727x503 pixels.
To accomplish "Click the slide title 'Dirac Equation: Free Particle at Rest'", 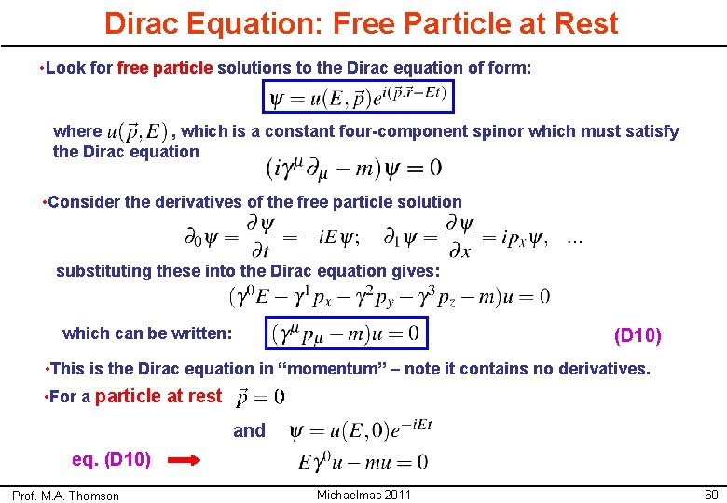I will click(x=361, y=23).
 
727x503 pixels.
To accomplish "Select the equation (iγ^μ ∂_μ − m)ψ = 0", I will click(x=355, y=168).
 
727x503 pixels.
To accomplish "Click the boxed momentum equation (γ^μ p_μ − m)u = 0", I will click(x=346, y=333).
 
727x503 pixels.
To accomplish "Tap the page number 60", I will click(x=711, y=493).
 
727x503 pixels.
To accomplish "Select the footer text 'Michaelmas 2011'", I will click(x=363, y=494).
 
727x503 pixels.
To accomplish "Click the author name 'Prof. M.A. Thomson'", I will click(x=66, y=496).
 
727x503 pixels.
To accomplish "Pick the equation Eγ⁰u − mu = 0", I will click(x=363, y=461).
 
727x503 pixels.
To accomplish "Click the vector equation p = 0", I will click(x=260, y=397).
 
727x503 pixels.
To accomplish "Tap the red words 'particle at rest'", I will click(x=158, y=396).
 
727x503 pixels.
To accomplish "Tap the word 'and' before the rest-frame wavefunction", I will click(x=249, y=430).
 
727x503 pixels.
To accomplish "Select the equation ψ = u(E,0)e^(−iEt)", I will click(x=361, y=430).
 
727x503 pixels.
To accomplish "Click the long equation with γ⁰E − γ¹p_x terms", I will click(x=389, y=296).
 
